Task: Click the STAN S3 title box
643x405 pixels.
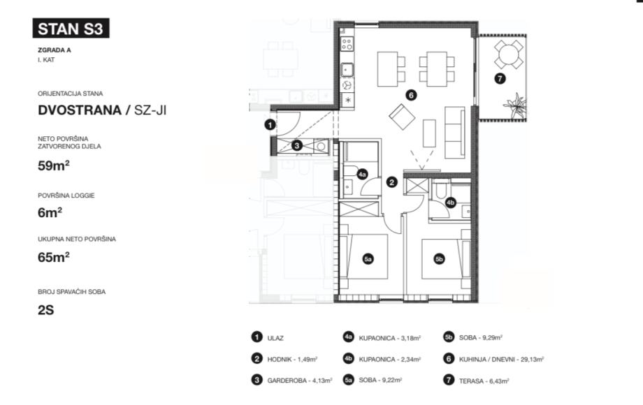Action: click(71, 29)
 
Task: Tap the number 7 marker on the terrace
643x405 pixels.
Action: click(499, 78)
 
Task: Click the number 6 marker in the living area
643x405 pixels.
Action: click(411, 96)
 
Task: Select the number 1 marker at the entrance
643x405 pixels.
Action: click(270, 125)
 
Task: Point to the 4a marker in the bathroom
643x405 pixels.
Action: click(362, 175)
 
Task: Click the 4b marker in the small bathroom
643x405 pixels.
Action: click(451, 203)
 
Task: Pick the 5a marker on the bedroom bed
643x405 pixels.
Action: click(368, 259)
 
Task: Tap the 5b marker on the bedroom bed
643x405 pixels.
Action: click(439, 259)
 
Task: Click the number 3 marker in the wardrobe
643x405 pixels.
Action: click(297, 145)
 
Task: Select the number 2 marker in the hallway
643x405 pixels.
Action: click(392, 182)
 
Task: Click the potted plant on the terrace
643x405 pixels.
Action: click(516, 105)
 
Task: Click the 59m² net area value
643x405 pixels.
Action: click(53, 165)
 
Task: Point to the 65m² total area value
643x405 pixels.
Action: click(53, 256)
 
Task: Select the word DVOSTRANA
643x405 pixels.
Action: click(78, 110)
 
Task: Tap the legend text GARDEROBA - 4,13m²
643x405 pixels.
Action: click(292, 381)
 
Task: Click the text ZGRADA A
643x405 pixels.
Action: click(55, 50)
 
